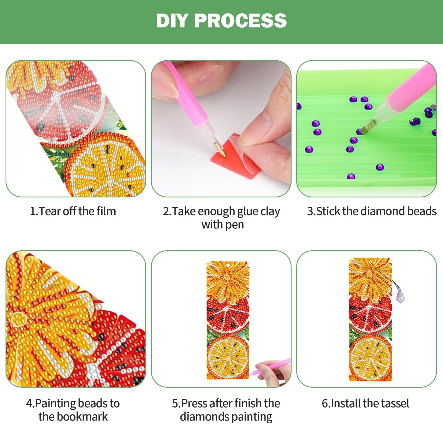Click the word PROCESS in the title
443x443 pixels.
pyautogui.click(x=240, y=20)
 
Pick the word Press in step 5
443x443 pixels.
pyautogui.click(x=194, y=403)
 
